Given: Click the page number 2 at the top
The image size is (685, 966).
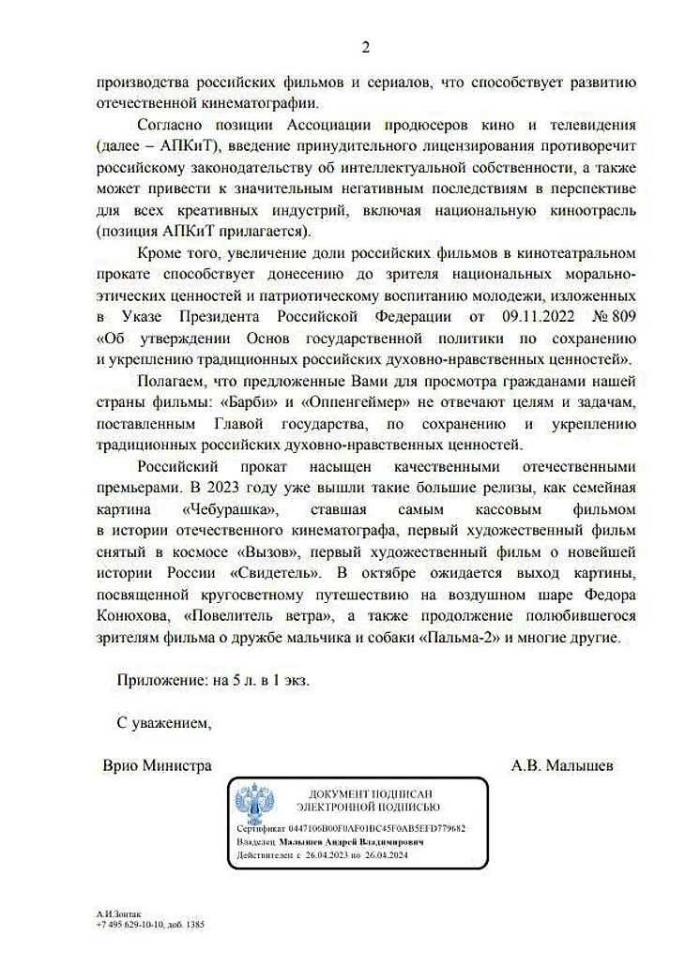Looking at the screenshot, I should (x=366, y=48).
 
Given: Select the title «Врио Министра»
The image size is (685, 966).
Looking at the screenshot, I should (x=157, y=765).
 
